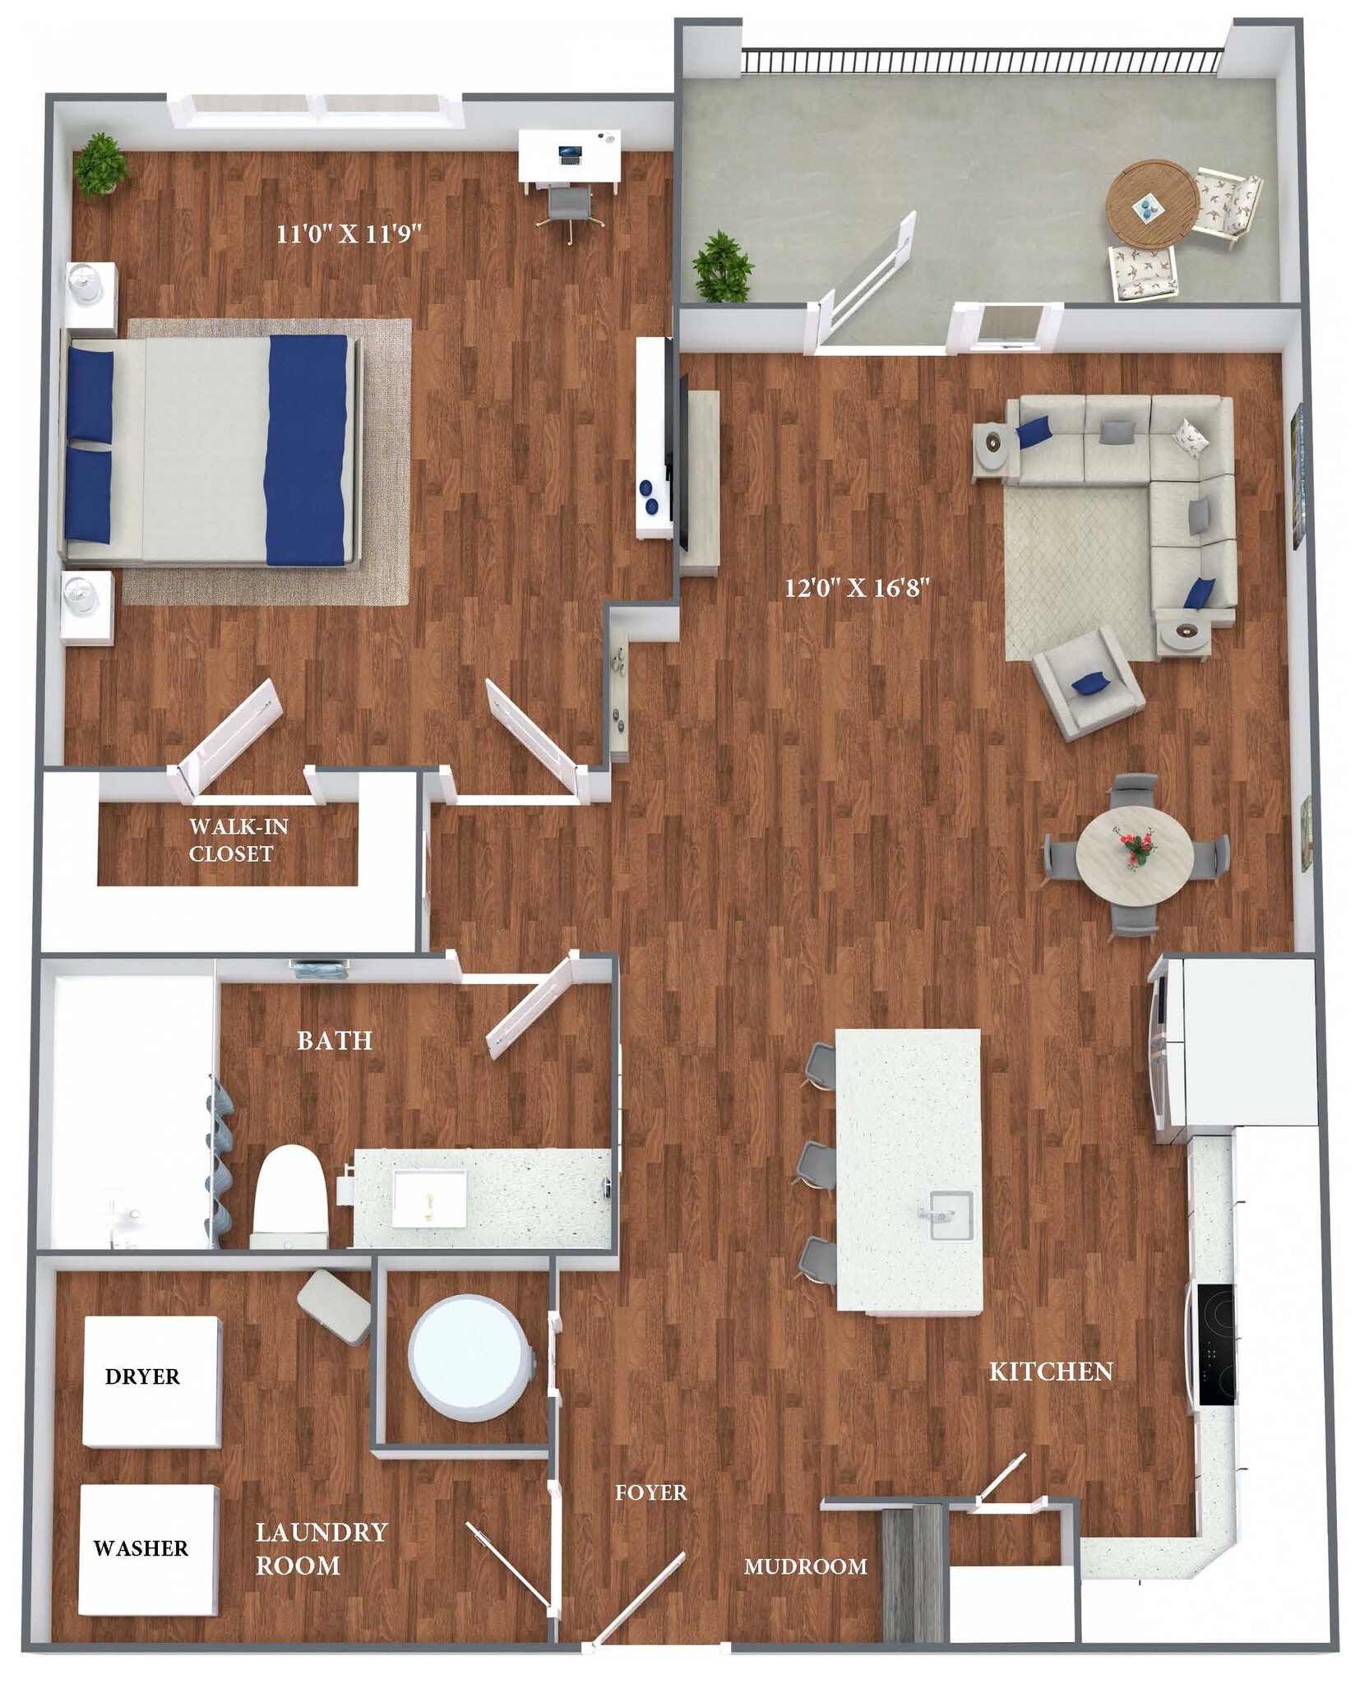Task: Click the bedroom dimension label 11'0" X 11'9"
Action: click(x=348, y=234)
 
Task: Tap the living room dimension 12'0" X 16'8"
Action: click(x=856, y=588)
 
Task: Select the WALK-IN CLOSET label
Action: click(x=238, y=840)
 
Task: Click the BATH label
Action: click(x=335, y=1041)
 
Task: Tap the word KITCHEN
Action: click(x=1050, y=1372)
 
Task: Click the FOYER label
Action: click(x=650, y=1492)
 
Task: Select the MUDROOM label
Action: click(x=805, y=1566)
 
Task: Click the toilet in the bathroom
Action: click(x=287, y=1193)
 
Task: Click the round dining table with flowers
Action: click(x=1134, y=852)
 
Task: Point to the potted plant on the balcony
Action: click(x=722, y=266)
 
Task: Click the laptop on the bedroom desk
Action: click(x=568, y=152)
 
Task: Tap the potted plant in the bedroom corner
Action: click(x=101, y=164)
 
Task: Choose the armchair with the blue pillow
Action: click(x=1087, y=681)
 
